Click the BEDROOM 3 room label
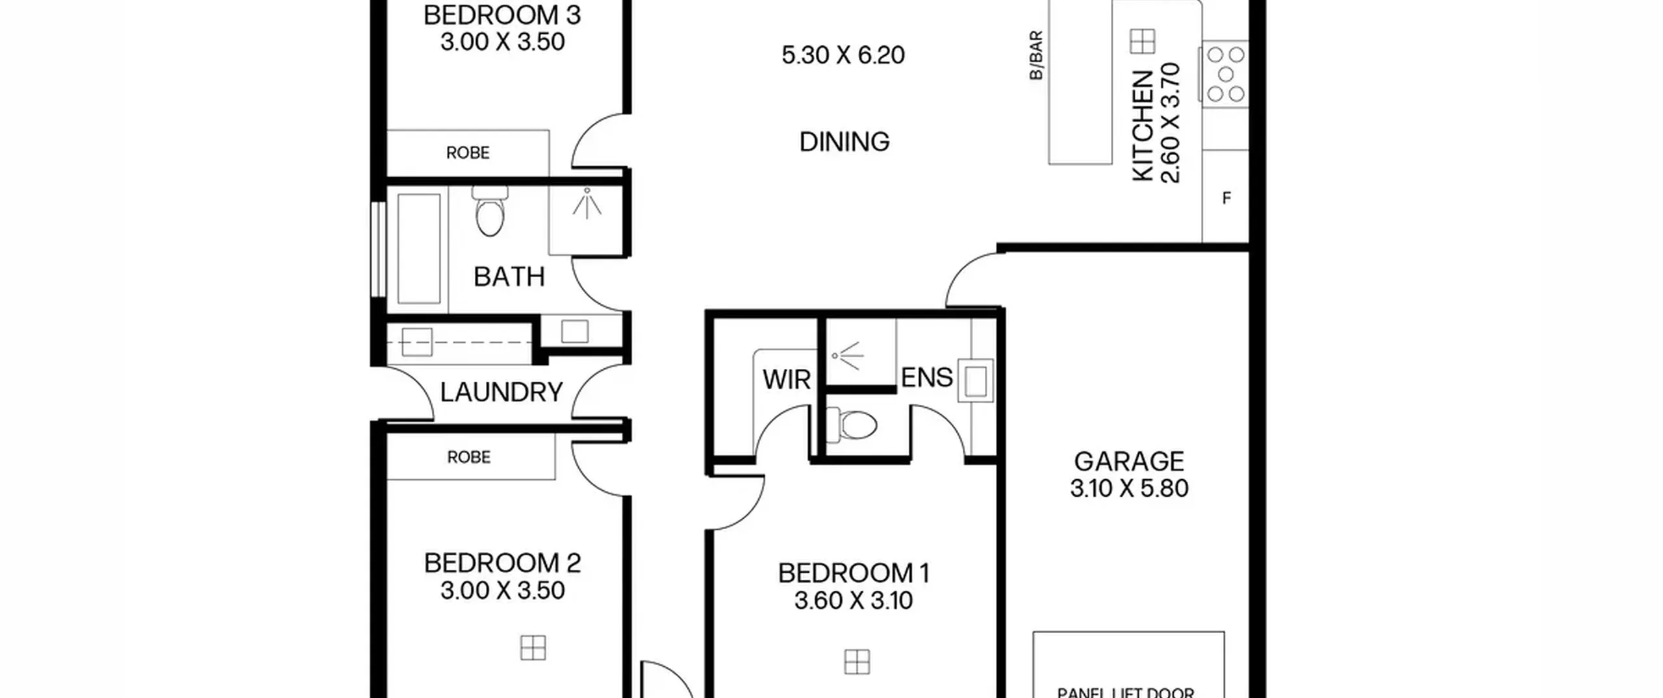[x=501, y=15]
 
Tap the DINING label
[x=844, y=142]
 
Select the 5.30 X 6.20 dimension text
[x=843, y=55]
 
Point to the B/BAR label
[x=1036, y=55]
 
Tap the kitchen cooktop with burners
[x=1225, y=75]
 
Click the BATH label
[x=509, y=277]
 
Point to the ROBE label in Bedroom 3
[x=468, y=153]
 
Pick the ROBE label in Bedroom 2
[x=469, y=457]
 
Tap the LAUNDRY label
[x=501, y=392]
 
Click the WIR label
[x=787, y=380]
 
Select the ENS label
[x=927, y=377]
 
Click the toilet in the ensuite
[x=852, y=425]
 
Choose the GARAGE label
[x=1129, y=462]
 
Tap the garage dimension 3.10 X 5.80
[x=1129, y=488]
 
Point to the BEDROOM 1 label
[x=854, y=573]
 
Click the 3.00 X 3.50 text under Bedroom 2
[x=502, y=590]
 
